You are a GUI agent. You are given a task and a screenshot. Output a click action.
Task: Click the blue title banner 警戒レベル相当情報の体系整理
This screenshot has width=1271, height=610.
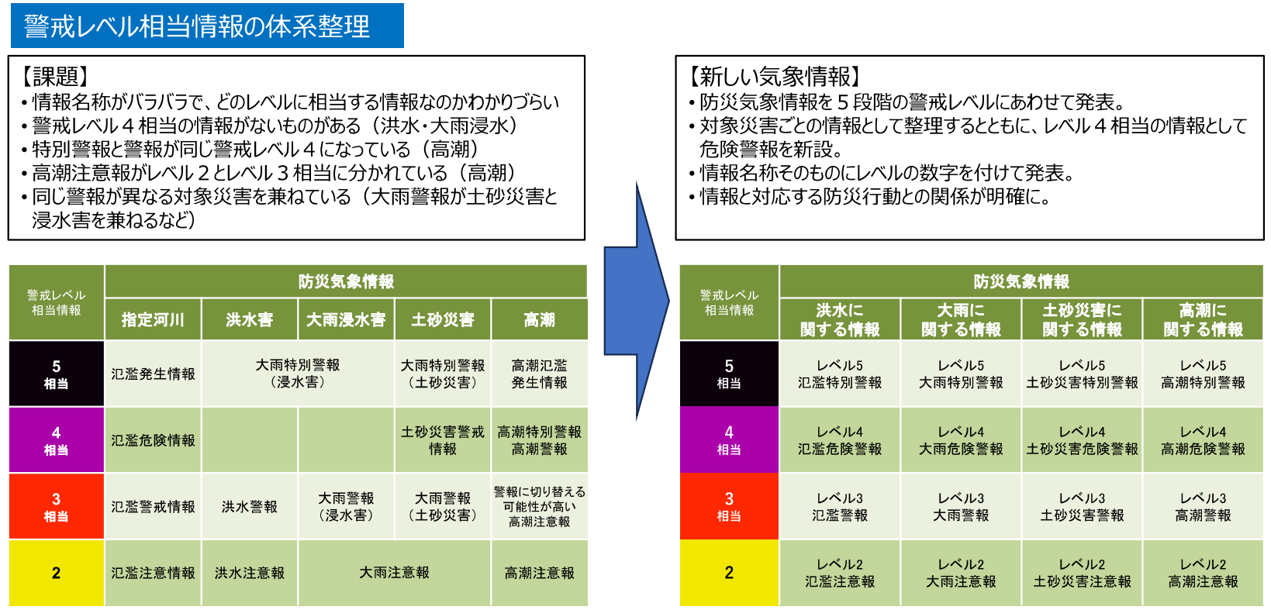pyautogui.click(x=206, y=26)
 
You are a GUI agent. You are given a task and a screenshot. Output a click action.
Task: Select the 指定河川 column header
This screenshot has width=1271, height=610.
pyautogui.click(x=153, y=319)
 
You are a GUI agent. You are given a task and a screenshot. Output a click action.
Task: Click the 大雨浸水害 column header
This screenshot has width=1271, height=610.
pyautogui.click(x=346, y=319)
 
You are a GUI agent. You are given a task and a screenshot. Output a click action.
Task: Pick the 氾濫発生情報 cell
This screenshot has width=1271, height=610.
pyautogui.click(x=153, y=374)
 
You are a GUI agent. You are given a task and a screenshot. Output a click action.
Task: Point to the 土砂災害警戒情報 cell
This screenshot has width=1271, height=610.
pyautogui.click(x=443, y=440)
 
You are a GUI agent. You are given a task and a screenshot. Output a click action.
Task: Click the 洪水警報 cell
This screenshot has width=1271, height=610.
pyautogui.click(x=250, y=506)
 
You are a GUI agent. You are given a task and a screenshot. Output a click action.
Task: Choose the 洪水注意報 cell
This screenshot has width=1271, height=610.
pyautogui.click(x=250, y=573)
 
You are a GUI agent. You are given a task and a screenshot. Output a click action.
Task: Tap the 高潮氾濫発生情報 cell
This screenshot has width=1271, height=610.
pyautogui.click(x=539, y=374)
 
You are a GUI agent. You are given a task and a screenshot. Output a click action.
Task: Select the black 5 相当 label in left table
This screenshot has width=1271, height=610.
pyautogui.click(x=56, y=374)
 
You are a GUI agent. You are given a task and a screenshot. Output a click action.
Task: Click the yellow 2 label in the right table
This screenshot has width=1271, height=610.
pyautogui.click(x=729, y=573)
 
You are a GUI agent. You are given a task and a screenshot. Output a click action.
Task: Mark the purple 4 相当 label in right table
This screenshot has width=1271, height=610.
pyautogui.click(x=729, y=440)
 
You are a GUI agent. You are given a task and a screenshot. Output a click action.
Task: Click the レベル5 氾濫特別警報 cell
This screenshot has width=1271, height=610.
pyautogui.click(x=840, y=374)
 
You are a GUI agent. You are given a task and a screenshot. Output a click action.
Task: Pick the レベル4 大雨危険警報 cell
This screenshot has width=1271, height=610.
pyautogui.click(x=961, y=440)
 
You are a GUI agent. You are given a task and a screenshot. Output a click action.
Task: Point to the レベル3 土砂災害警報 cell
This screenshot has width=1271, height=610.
pyautogui.click(x=1082, y=506)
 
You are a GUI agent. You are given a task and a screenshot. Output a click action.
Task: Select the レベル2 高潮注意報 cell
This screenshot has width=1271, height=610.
pyautogui.click(x=1203, y=573)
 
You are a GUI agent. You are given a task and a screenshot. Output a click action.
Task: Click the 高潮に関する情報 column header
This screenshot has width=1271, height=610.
pyautogui.click(x=1203, y=319)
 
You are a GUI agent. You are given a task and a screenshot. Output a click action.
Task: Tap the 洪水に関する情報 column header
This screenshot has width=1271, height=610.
pyautogui.click(x=840, y=319)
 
